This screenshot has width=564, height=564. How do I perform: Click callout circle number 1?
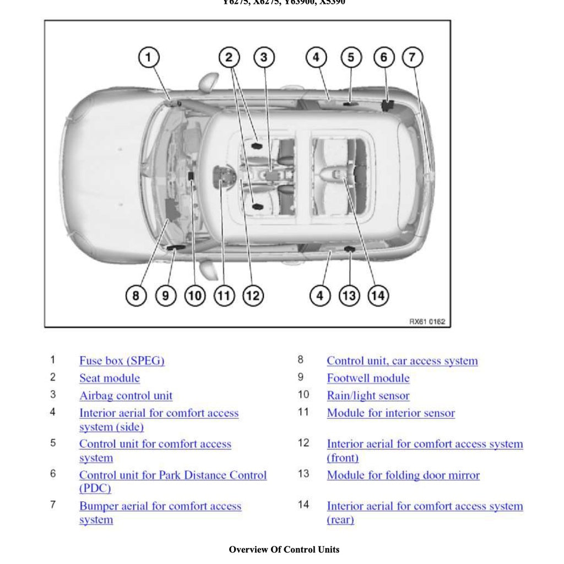pos(148,57)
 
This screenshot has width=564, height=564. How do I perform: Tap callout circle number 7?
pos(413,57)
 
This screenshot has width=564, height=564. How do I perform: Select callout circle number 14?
pos(378,296)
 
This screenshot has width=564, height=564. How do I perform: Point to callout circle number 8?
pos(136,296)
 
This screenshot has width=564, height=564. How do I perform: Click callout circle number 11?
pos(224,296)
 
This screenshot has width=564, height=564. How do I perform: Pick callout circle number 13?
pos(349,296)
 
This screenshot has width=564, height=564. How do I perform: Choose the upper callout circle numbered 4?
pos(316,57)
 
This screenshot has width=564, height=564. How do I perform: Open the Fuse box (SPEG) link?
pos(122,361)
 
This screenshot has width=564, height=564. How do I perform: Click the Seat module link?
pos(110,378)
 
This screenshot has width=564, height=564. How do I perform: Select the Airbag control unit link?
pos(126,396)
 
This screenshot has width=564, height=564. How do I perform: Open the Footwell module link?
pos(368,378)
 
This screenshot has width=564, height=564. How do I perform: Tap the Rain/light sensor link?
pos(368,396)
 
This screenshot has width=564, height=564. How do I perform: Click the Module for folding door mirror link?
pos(403,475)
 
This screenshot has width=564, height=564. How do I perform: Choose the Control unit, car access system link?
pos(402,361)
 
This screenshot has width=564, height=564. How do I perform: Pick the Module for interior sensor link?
pos(391,413)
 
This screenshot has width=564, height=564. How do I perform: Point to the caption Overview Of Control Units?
pos(284,549)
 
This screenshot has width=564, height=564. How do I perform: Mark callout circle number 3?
pos(264,57)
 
